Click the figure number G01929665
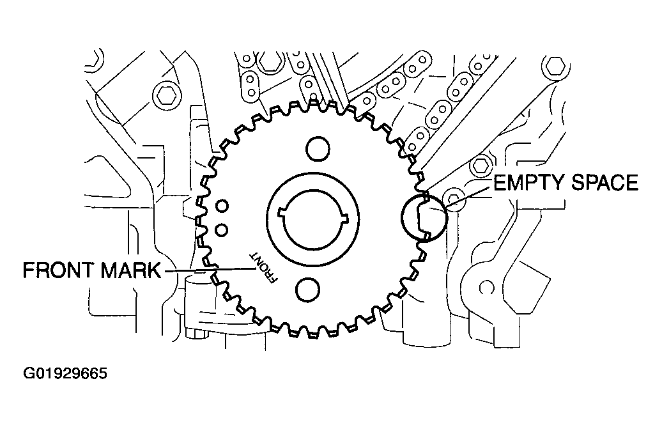point(65,373)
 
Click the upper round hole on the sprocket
point(318,149)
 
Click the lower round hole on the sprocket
point(307,290)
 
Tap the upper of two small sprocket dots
point(222,206)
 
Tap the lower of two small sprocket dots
point(221,229)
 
